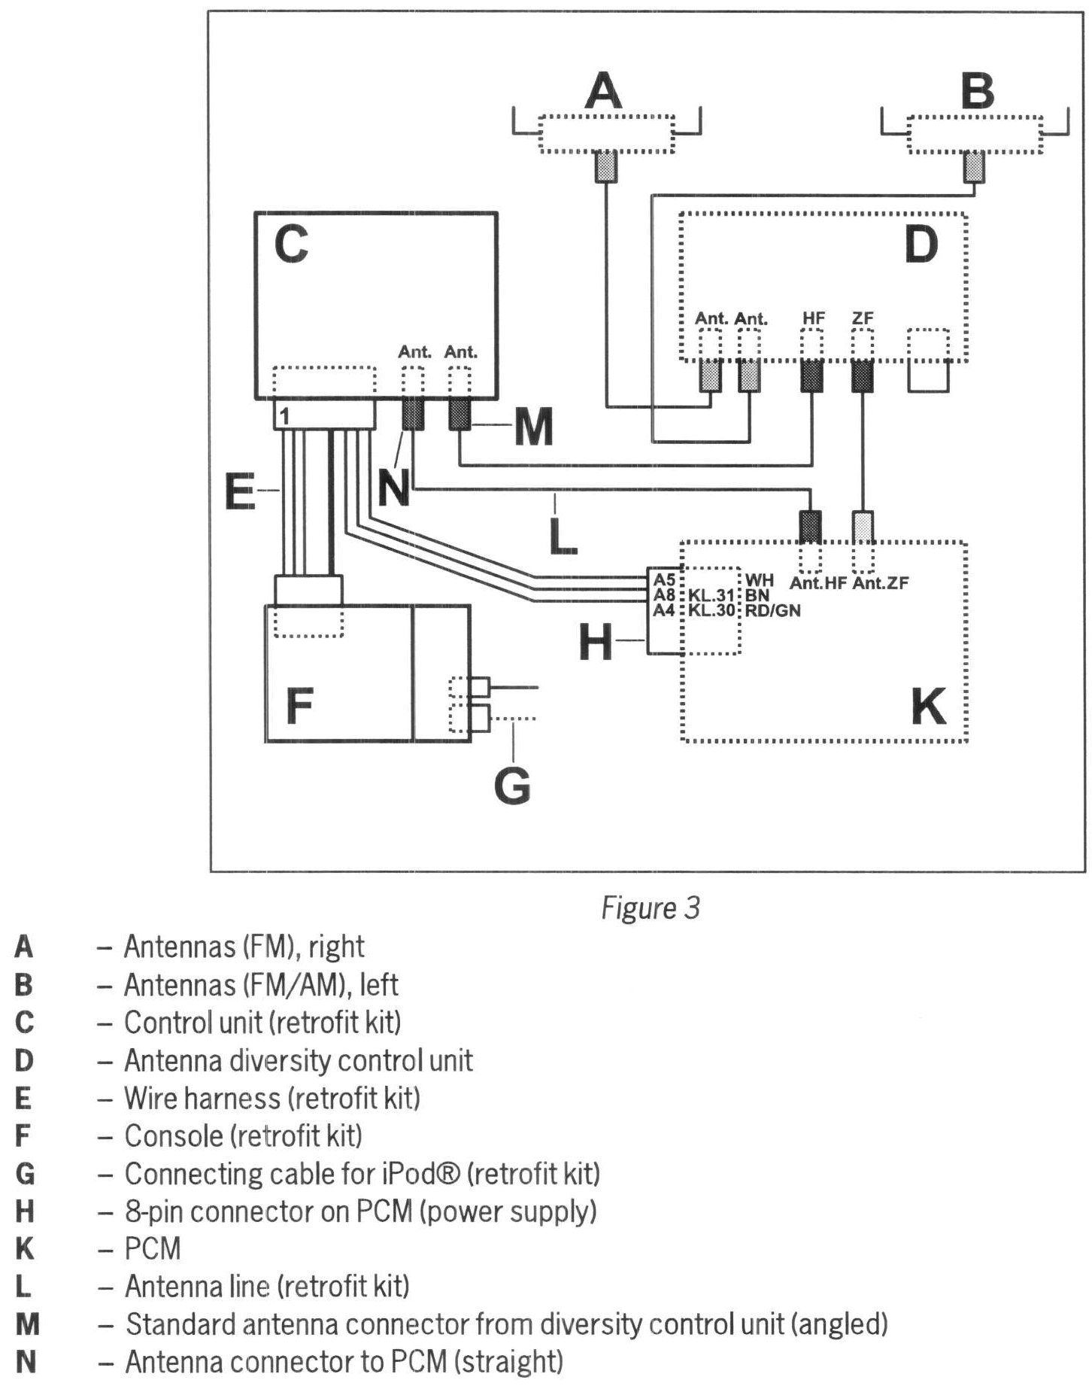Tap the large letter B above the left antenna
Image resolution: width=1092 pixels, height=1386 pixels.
click(977, 92)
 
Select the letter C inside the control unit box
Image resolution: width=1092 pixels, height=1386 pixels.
click(291, 245)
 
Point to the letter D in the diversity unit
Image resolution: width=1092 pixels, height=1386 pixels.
click(921, 245)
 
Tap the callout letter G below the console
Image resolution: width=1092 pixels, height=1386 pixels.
click(512, 786)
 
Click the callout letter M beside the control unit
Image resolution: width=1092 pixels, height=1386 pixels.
click(533, 427)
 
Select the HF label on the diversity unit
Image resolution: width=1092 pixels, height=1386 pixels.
click(813, 318)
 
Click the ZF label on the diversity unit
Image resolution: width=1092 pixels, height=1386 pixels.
click(863, 318)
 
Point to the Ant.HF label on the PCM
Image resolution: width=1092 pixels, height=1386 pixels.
click(817, 582)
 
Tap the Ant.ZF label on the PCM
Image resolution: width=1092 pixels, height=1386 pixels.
click(880, 582)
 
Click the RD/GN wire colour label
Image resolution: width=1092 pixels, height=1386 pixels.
click(772, 611)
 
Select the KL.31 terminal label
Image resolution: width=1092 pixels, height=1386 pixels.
click(711, 596)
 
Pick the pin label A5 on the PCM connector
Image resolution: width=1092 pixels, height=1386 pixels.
click(664, 580)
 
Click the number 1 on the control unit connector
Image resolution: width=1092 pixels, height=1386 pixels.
click(284, 415)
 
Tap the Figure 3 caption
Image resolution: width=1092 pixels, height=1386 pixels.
click(651, 908)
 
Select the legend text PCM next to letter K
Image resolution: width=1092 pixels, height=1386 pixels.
click(153, 1249)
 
